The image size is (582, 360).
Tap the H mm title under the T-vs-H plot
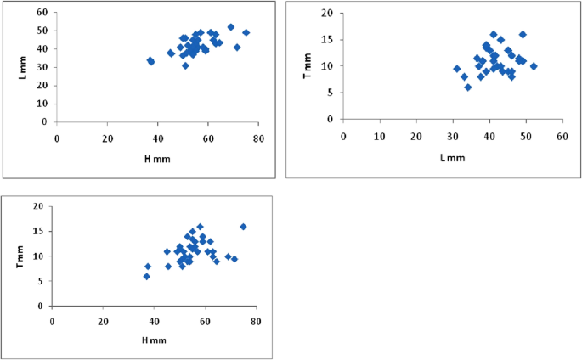click(x=153, y=340)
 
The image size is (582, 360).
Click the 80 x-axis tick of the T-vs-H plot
click(x=255, y=322)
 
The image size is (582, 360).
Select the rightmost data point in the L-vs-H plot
click(x=246, y=32)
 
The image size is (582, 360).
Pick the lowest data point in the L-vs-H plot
click(x=185, y=65)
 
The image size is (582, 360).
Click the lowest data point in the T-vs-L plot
click(x=467, y=87)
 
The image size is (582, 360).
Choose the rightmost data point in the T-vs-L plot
click(x=534, y=65)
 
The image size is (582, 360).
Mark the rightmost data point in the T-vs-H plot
click(x=243, y=227)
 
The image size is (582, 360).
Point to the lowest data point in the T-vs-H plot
click(x=146, y=276)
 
